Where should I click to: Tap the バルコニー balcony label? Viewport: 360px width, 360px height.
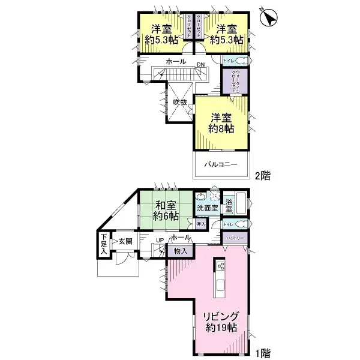click(x=220, y=164)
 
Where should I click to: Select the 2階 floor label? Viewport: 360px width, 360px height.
click(x=262, y=176)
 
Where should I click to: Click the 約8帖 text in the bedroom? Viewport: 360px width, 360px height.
click(x=220, y=129)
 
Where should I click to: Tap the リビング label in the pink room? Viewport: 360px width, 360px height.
click(x=220, y=317)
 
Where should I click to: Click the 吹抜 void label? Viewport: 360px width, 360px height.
click(x=181, y=103)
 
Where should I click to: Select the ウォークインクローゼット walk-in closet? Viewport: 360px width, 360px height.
click(x=231, y=81)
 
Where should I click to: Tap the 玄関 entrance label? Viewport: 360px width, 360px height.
click(x=125, y=241)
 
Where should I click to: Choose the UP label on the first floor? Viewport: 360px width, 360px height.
click(x=160, y=241)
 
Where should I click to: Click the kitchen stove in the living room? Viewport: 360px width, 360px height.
click(x=220, y=266)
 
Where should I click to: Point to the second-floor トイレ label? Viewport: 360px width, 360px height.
click(x=228, y=61)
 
